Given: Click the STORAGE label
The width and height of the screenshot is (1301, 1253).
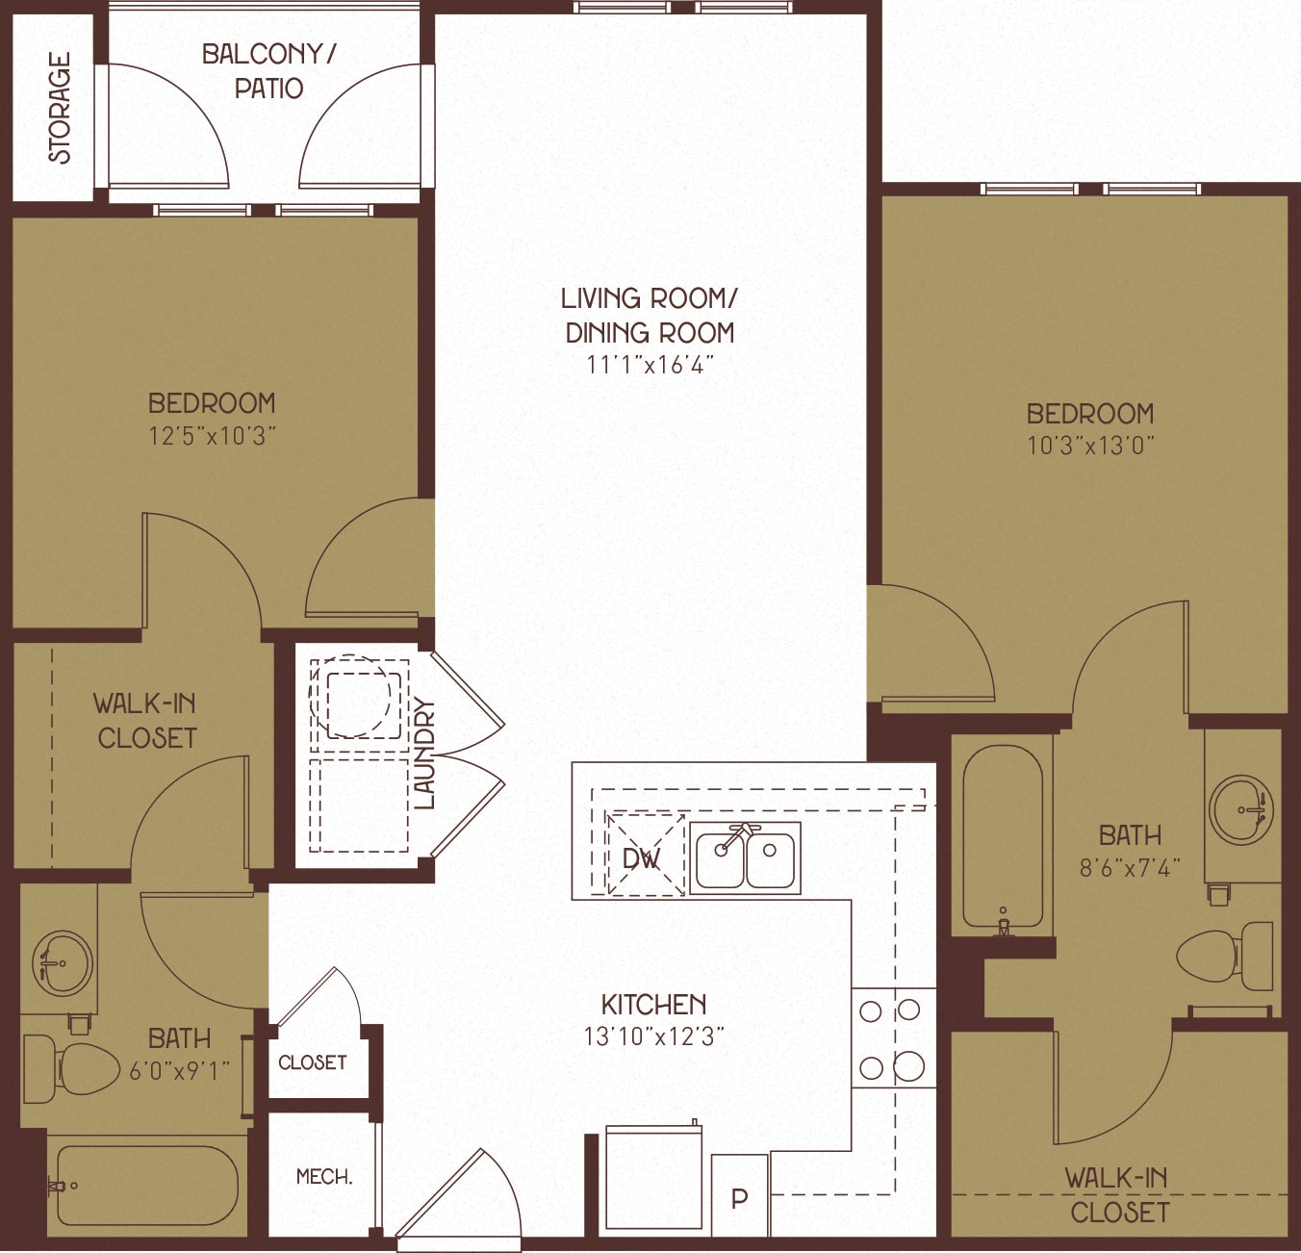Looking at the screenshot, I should click(60, 108).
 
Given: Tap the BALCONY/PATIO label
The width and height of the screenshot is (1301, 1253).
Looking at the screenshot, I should click(268, 71).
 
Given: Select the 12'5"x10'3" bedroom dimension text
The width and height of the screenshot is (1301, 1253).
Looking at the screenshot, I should click(212, 436).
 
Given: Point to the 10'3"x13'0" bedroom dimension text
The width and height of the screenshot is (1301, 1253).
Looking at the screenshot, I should click(1090, 446).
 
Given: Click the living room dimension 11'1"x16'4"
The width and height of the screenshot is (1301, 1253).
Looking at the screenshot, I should click(650, 365).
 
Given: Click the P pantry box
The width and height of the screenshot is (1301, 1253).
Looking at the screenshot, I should click(739, 1197).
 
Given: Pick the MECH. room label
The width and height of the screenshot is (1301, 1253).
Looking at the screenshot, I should click(324, 1176).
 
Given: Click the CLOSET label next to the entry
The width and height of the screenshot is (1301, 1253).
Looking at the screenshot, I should click(312, 1062).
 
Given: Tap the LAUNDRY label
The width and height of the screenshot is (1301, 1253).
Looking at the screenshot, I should click(424, 754).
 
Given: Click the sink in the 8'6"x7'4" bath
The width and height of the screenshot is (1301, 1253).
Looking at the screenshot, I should click(1241, 809).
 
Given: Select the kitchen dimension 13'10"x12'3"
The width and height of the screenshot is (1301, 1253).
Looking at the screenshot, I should click(653, 1036).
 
